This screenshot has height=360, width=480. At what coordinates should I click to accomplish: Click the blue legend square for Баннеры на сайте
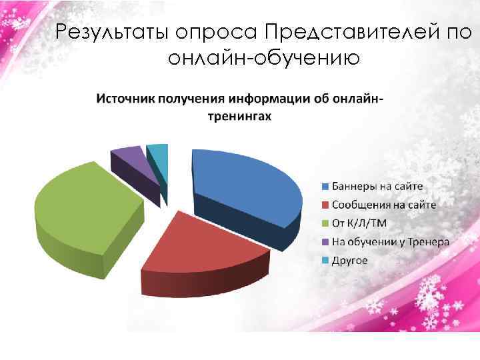pyautogui.click(x=326, y=186)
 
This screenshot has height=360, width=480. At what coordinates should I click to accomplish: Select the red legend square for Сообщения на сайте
pyautogui.click(x=326, y=205)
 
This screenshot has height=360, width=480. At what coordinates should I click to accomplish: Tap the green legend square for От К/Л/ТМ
pyautogui.click(x=326, y=223)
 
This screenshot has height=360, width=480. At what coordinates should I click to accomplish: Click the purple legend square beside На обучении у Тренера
pyautogui.click(x=326, y=241)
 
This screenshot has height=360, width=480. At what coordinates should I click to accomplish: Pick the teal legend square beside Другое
pyautogui.click(x=326, y=260)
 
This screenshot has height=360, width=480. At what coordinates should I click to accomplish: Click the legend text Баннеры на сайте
pyautogui.click(x=377, y=186)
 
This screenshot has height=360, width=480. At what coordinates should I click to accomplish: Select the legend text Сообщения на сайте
pyautogui.click(x=384, y=205)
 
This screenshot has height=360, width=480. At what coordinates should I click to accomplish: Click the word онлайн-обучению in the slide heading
pyautogui.click(x=264, y=59)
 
